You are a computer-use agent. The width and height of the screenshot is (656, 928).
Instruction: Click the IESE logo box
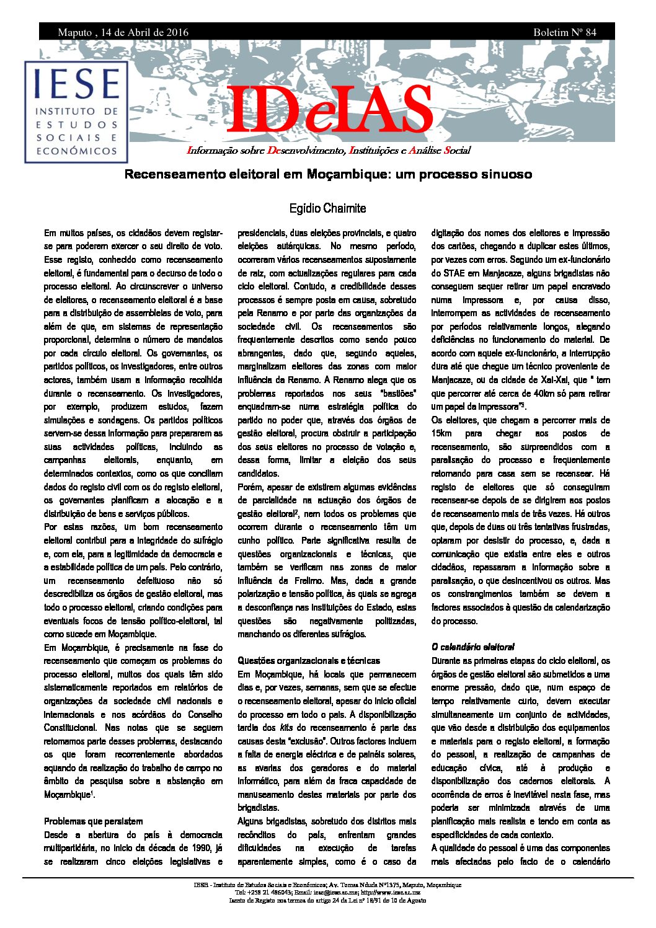tap(76, 112)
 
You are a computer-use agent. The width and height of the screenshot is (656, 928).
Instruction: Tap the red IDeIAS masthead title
tap(329, 110)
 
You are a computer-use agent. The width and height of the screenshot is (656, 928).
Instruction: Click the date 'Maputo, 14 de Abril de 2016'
tap(123, 32)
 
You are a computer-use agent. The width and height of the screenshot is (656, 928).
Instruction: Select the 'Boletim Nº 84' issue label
tap(564, 32)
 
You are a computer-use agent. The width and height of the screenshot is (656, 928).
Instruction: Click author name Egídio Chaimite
tap(327, 208)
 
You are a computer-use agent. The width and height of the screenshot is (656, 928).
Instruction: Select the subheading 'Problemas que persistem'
tap(93, 821)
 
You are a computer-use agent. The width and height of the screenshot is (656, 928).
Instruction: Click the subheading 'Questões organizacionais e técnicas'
tap(309, 661)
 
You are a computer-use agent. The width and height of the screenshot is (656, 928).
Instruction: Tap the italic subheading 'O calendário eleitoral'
tap(473, 647)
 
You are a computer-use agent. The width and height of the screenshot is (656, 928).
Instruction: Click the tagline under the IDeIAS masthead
tap(329, 151)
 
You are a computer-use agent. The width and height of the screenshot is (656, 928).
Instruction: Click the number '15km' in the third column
tap(441, 433)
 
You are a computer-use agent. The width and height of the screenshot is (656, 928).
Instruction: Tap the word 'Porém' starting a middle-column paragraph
tap(250, 487)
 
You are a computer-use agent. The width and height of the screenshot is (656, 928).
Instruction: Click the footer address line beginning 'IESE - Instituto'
tap(327, 885)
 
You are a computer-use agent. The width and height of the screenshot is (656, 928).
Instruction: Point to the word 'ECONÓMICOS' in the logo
tap(76, 151)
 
